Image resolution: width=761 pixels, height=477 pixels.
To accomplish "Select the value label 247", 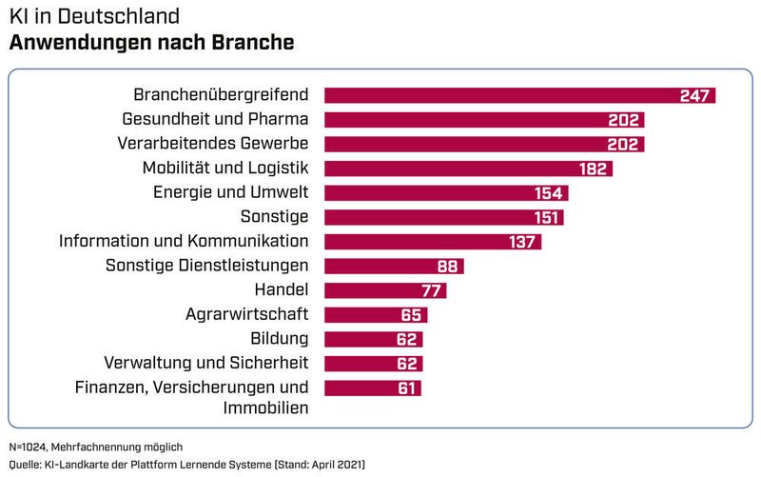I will (695, 95).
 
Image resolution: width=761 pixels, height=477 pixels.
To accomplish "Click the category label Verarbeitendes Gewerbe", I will (213, 144).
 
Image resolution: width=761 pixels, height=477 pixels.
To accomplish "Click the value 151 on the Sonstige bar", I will (546, 217).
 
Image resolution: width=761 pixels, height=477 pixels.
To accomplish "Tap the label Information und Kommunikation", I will (184, 241).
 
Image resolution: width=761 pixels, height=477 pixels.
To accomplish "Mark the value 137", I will (523, 242).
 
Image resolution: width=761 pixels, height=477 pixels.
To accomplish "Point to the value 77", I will (433, 290).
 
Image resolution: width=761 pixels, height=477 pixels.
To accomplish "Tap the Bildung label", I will (279, 338).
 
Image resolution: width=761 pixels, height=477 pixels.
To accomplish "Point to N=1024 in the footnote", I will (29, 447).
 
